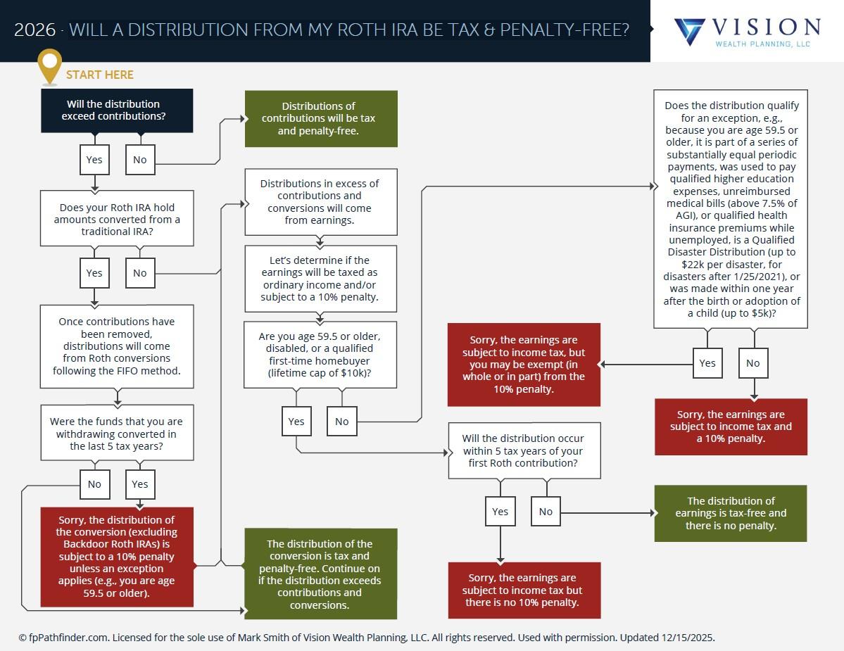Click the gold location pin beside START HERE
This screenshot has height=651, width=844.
click(x=49, y=65)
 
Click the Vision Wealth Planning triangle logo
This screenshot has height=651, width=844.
click(x=689, y=32)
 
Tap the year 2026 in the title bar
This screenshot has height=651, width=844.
click(x=34, y=30)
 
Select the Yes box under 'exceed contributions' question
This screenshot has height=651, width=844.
click(x=94, y=160)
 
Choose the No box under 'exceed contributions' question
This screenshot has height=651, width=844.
click(x=140, y=160)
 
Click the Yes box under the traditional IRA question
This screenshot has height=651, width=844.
click(x=94, y=273)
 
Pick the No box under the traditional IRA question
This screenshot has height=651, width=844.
click(x=140, y=273)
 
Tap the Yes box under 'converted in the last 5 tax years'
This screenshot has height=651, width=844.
click(x=140, y=484)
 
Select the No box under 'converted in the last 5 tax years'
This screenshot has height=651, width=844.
click(x=94, y=484)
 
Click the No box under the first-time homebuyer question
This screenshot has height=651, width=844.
click(x=341, y=422)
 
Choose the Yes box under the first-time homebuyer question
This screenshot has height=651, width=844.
click(x=296, y=422)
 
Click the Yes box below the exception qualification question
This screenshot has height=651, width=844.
click(x=707, y=363)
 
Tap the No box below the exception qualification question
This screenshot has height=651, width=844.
click(x=753, y=363)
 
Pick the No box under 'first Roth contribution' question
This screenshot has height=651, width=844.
click(x=546, y=512)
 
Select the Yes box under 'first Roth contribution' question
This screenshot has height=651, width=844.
click(x=500, y=512)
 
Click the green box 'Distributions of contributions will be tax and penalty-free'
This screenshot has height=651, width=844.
click(x=321, y=119)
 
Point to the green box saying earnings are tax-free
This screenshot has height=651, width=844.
click(x=731, y=513)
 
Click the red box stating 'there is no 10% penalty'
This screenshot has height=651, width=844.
click(x=524, y=590)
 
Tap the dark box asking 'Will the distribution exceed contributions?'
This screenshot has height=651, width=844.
click(x=117, y=110)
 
